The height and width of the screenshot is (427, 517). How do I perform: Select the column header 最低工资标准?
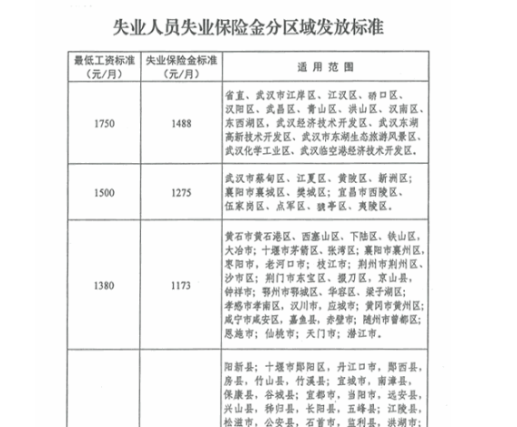[105, 61]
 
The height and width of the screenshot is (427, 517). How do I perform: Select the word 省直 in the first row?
[234, 95]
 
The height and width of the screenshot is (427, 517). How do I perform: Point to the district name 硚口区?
[381, 95]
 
